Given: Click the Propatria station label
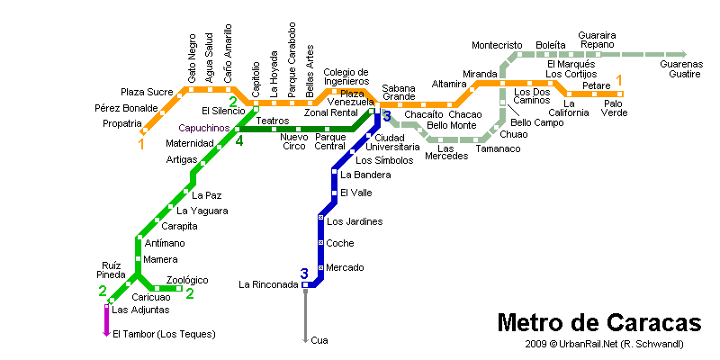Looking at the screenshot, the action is (x=122, y=123).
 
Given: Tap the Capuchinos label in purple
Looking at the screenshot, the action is (x=204, y=128).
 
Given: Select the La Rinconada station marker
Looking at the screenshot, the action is (x=305, y=285).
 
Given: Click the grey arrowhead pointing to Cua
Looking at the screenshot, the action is (x=305, y=340).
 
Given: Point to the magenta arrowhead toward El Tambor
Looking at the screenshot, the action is (x=106, y=334).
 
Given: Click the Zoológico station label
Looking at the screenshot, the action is (x=187, y=280).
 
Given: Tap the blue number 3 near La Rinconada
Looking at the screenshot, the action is (x=304, y=274).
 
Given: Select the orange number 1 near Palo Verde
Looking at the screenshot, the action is (x=618, y=81).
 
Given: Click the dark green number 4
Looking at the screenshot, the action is (x=239, y=140).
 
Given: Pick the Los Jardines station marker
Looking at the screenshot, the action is (x=321, y=217).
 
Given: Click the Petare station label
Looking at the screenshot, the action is (x=597, y=85).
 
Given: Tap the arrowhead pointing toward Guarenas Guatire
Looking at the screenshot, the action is (x=683, y=54).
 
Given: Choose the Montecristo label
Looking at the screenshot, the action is (x=497, y=45).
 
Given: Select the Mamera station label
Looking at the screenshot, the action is (x=160, y=259).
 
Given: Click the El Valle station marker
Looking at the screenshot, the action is (x=334, y=193).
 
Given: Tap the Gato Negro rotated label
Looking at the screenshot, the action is (x=192, y=58).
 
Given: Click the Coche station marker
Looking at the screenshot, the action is (x=321, y=242).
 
